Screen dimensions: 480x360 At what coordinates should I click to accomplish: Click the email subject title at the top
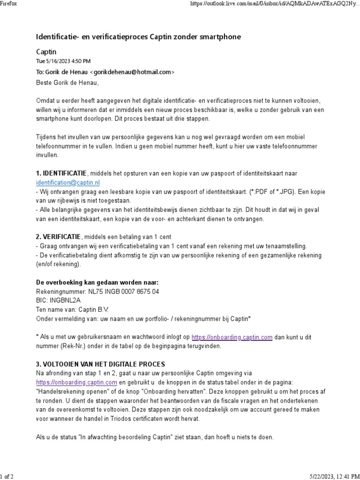coord(138,37)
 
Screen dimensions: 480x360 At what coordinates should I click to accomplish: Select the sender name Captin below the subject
coord(46,52)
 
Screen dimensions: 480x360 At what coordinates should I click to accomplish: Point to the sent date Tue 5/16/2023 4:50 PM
coord(63,61)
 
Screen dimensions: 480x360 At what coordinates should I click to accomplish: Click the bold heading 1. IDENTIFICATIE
coord(61,173)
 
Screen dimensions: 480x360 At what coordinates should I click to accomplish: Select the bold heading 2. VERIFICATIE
coord(59,236)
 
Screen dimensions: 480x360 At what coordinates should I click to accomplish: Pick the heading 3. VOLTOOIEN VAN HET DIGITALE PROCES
coord(100,364)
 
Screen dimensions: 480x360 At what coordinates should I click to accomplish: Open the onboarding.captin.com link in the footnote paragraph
coord(232,337)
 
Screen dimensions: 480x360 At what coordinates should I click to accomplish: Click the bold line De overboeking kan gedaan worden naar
coord(97,282)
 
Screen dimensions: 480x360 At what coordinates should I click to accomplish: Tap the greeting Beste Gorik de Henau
coord(68,83)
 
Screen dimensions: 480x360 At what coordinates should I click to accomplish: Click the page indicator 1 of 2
coord(7,476)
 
